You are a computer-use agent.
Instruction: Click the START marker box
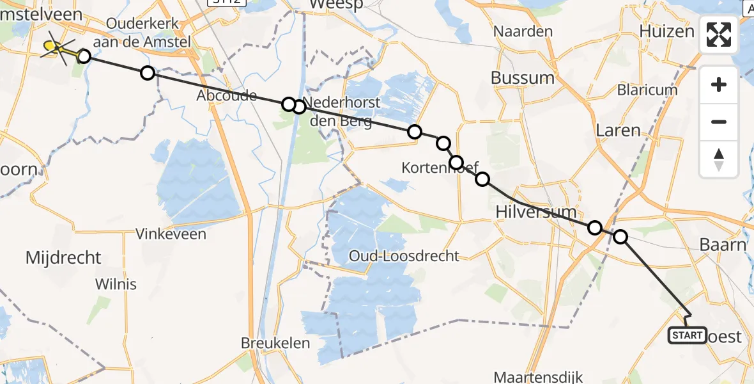[x=687, y=335]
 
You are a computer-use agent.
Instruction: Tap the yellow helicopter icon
[x=58, y=47]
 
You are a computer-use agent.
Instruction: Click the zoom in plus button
[x=719, y=85]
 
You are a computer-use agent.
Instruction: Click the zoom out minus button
[x=719, y=122]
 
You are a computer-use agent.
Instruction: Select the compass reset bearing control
[x=719, y=159]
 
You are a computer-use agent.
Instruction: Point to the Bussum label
[x=523, y=78]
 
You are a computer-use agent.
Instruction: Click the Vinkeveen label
[x=171, y=234]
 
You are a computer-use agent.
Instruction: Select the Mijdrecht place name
[x=63, y=258]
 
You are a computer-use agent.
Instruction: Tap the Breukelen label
[x=275, y=343]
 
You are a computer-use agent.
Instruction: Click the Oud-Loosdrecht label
[x=404, y=256]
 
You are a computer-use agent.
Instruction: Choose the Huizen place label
[x=666, y=31]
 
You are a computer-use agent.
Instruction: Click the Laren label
[x=617, y=131]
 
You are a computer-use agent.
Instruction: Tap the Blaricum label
[x=647, y=90]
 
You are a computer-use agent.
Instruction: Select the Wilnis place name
[x=116, y=284]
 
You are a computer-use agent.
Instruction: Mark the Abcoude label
[x=227, y=96]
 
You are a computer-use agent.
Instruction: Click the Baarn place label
[x=723, y=244]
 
